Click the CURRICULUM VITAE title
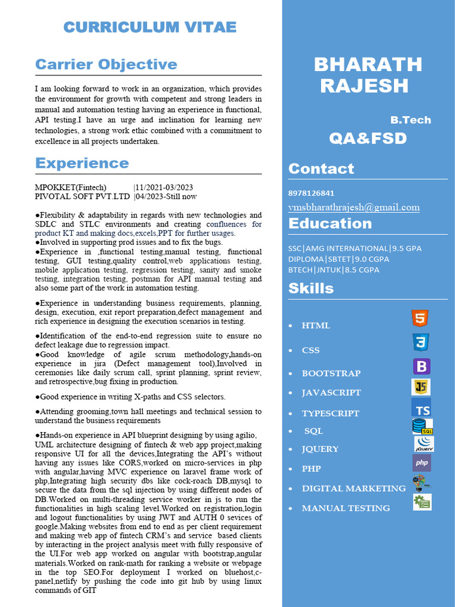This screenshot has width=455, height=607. tap(150, 27)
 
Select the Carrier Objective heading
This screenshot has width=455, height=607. tap(106, 64)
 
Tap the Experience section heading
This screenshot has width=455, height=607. tap(82, 163)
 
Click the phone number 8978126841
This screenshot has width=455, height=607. tap(311, 193)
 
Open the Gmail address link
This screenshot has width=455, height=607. tap(354, 207)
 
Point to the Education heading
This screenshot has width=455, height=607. tap(330, 223)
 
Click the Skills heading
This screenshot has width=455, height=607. tap(311, 289)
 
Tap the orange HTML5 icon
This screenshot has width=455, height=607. tap(420, 318)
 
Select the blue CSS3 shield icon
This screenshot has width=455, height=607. tap(421, 342)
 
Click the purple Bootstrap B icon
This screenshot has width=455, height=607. tap(421, 366)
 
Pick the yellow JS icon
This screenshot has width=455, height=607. tap(421, 387)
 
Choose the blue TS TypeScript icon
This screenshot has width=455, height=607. tap(421, 408)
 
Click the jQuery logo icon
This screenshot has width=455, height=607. tap(424, 443)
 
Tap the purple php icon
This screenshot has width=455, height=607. tap(422, 463)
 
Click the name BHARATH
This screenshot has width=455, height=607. tap(367, 64)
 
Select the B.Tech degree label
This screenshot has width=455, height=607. tap(410, 120)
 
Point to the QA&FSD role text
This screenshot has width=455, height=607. tap(368, 139)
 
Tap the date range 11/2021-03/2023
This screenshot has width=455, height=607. tap(164, 187)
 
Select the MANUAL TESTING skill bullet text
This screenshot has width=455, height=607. tap(345, 508)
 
